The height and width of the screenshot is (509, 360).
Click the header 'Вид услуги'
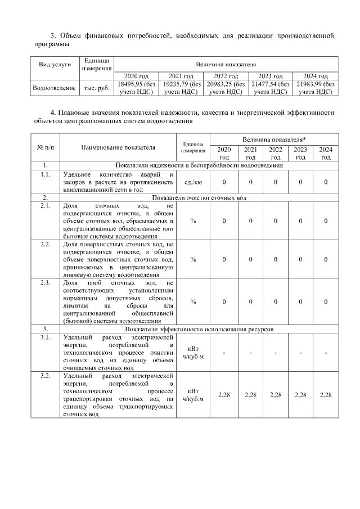click(x=54, y=65)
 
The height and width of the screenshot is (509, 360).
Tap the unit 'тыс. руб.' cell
click(x=96, y=88)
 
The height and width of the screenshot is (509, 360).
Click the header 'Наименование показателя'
click(x=118, y=147)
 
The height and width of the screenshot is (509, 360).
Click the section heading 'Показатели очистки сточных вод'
click(x=199, y=198)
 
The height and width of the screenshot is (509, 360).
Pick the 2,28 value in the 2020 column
click(x=224, y=395)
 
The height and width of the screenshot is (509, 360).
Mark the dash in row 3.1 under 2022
click(x=275, y=353)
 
